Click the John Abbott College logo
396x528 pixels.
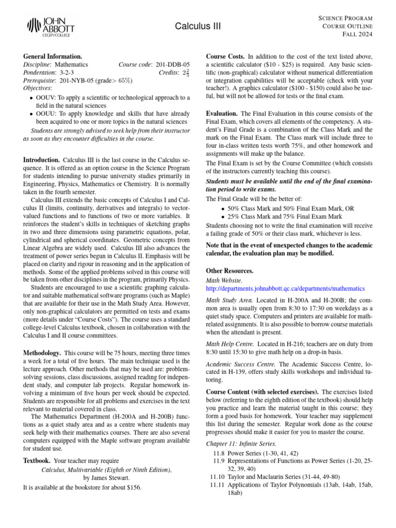click(51, 27)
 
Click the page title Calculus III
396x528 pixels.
click(197, 26)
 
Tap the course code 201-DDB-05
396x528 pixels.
click(172, 65)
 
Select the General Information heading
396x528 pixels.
click(53, 56)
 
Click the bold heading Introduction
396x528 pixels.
click(41, 160)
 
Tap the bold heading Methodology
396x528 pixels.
click(42, 353)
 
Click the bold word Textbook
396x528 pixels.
click(37, 460)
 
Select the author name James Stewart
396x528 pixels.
click(111, 478)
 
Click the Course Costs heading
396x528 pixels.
click(225, 56)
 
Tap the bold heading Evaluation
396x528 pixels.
click(222, 113)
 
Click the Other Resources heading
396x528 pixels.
click(229, 271)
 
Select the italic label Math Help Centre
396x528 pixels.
click(229, 343)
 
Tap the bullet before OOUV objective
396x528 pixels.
click(32, 97)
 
